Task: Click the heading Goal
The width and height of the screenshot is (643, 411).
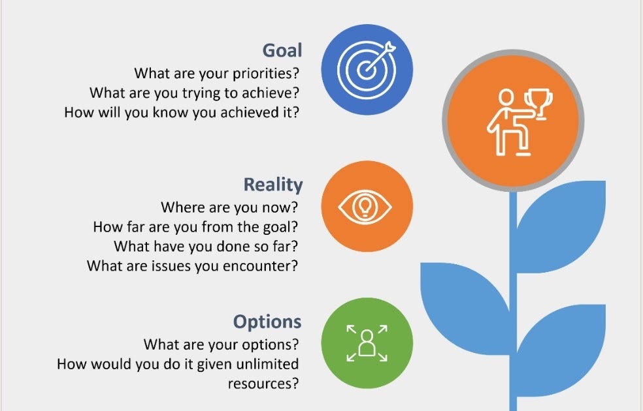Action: (282, 51)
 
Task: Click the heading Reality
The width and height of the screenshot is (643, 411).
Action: (273, 185)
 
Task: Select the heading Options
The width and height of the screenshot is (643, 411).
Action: (267, 322)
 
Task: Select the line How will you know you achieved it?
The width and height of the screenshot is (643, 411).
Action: (182, 112)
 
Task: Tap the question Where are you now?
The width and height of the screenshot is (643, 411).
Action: (230, 207)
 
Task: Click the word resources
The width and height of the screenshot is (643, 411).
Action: (263, 383)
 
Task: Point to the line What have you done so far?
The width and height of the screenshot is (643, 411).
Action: (206, 247)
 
